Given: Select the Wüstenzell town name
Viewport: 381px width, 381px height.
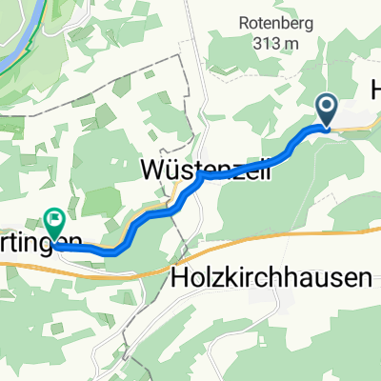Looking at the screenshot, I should click(x=205, y=170).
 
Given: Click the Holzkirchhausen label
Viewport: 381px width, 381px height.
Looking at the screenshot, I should click(x=272, y=278).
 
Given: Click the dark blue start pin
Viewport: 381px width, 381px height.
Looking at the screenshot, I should click(x=326, y=110).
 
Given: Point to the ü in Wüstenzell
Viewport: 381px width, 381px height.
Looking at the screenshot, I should click(x=173, y=170).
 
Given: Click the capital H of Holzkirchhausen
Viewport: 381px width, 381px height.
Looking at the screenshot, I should click(x=181, y=278).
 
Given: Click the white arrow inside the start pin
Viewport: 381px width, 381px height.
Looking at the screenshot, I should click(x=326, y=108).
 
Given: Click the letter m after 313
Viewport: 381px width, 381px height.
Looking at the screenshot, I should click(x=291, y=43).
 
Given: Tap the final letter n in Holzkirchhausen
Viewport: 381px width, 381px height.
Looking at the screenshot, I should click(x=363, y=278).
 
